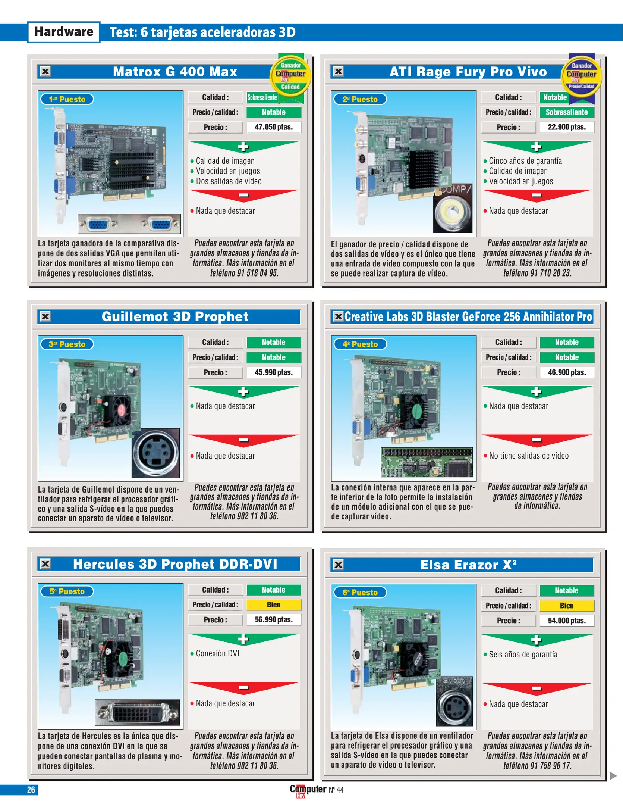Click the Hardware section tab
tap(64, 32)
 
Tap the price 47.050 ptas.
tap(273, 127)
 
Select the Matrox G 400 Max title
tap(175, 72)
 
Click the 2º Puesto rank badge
tap(359, 99)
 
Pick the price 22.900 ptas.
tap(566, 127)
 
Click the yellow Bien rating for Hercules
tap(273, 605)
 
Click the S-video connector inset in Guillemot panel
tap(155, 453)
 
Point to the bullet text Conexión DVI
tap(217, 653)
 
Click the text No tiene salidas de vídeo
tap(528, 456)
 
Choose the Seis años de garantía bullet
tap(523, 655)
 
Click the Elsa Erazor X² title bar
tap(468, 565)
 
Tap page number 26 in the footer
tap(31, 790)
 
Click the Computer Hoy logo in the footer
tap(308, 790)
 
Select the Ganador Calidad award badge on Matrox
tap(290, 76)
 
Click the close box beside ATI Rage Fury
tap(338, 71)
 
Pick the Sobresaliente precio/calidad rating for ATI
tap(566, 112)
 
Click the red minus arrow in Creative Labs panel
tap(537, 440)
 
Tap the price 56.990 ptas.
tap(273, 620)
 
